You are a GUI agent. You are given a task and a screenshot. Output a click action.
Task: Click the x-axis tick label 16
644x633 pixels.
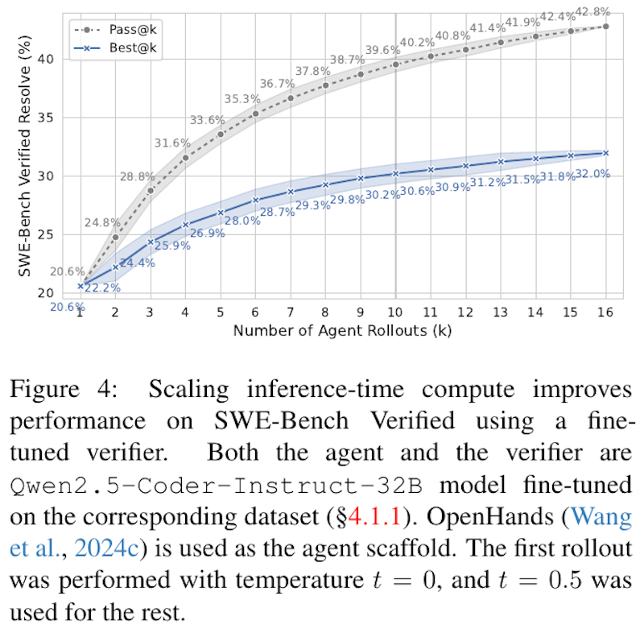tap(605, 312)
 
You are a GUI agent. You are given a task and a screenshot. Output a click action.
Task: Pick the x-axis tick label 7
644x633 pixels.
tap(291, 312)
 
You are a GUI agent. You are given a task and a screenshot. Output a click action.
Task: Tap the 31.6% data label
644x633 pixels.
tap(172, 143)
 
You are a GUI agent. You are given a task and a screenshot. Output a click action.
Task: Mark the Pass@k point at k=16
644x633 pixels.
tap(605, 26)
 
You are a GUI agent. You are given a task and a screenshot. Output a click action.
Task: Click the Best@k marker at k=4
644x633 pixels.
tap(186, 225)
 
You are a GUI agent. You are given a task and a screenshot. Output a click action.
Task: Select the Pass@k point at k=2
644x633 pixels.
tap(116, 237)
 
